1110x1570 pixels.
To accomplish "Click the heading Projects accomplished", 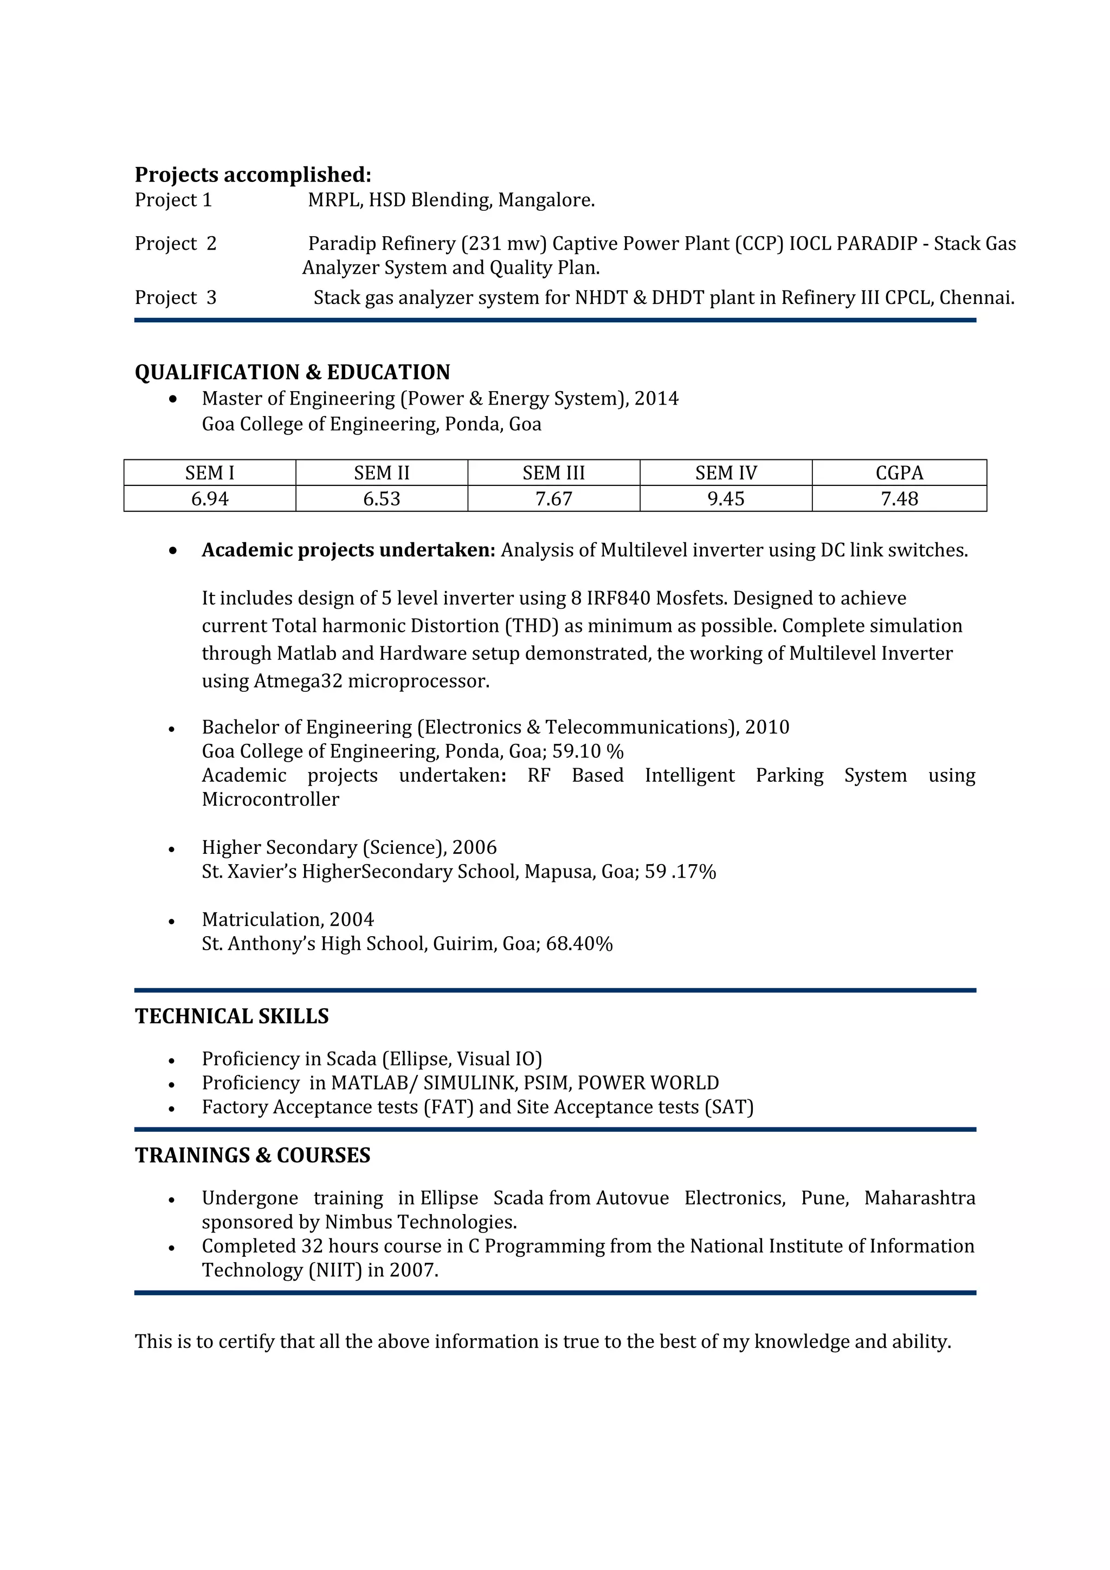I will (253, 175).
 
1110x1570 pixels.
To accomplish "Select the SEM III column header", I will (553, 473).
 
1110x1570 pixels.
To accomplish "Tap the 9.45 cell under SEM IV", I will (726, 499).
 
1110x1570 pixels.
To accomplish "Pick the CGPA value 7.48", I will (899, 499).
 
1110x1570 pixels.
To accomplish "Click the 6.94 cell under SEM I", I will (209, 499).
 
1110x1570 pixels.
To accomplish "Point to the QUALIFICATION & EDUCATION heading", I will (292, 373).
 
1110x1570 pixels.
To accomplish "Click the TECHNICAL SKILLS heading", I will (232, 1017).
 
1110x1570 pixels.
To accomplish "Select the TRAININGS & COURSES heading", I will (253, 1156).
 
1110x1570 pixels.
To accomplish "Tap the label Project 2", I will (175, 244).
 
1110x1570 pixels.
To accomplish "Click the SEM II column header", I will (382, 473).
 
